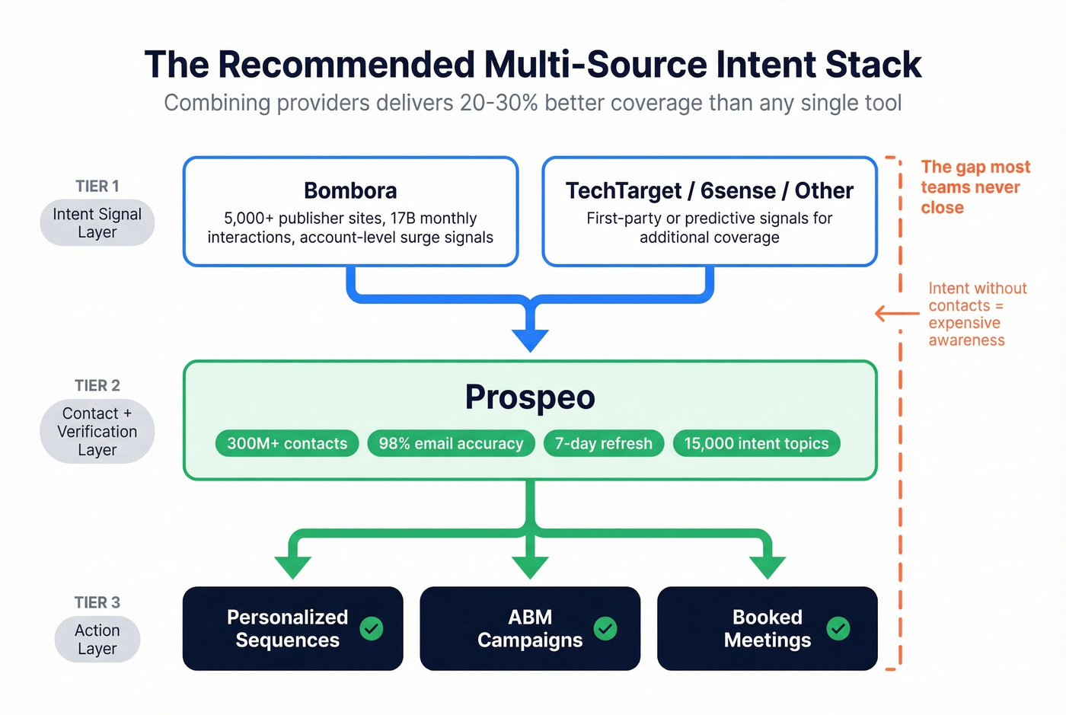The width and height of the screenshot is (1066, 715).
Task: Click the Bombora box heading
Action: click(x=350, y=190)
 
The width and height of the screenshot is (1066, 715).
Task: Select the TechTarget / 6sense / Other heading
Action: click(x=709, y=190)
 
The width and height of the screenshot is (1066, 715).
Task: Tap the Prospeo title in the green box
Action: click(x=530, y=397)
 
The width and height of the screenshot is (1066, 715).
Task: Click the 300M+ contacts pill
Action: click(x=287, y=443)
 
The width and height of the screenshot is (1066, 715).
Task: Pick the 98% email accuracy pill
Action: click(x=451, y=443)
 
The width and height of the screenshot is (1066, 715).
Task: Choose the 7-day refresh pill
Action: click(x=603, y=443)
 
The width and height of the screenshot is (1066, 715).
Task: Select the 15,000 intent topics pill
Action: click(x=756, y=443)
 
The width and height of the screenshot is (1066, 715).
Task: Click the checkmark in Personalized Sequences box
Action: click(x=372, y=628)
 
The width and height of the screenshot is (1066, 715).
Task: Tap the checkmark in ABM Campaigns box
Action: click(x=605, y=628)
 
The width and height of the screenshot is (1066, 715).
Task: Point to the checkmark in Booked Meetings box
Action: click(x=838, y=628)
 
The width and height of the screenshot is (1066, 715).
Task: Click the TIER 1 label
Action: click(x=97, y=187)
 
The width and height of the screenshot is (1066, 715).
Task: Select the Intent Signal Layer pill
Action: click(x=97, y=223)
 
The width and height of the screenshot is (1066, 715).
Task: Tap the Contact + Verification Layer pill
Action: click(x=97, y=431)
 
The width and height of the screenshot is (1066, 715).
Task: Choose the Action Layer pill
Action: click(x=97, y=640)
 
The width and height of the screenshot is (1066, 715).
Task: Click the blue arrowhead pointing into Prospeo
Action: click(x=530, y=340)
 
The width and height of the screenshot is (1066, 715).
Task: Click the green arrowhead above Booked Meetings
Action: click(x=768, y=567)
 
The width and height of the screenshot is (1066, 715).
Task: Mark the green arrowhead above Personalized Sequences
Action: click(x=293, y=567)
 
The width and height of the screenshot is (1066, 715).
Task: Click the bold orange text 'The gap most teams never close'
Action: click(x=975, y=187)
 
